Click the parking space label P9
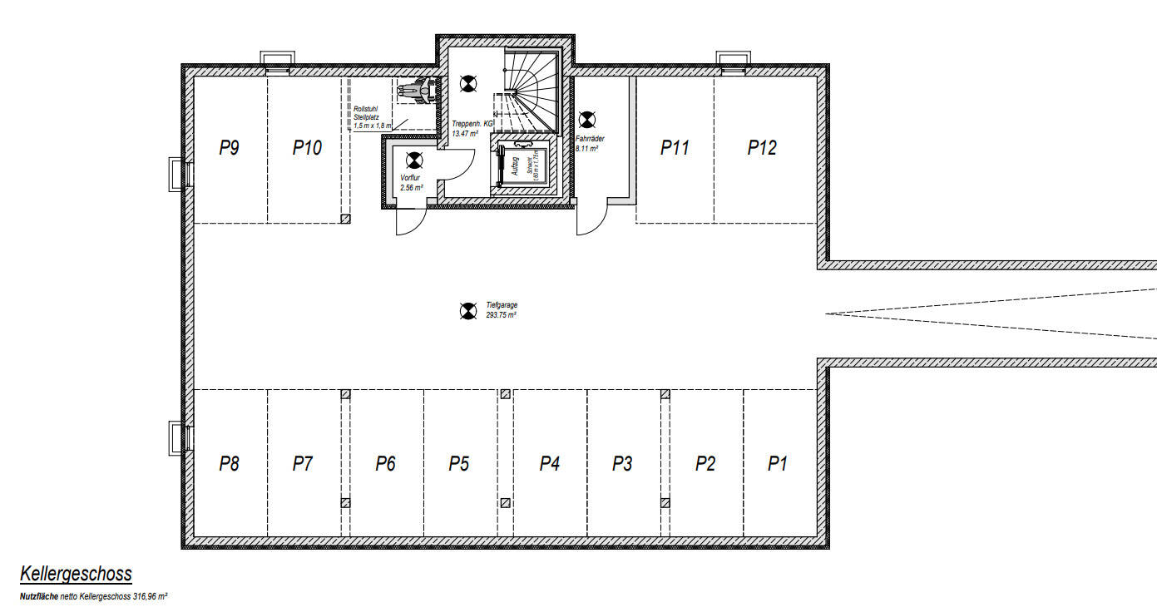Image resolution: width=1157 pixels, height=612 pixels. [x=230, y=148]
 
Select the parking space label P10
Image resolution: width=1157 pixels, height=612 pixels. [x=307, y=148]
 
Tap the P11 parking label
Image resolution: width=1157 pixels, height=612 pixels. [x=675, y=148]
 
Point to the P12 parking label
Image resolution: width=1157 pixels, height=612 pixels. [x=761, y=148]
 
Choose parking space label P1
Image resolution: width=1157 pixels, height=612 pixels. [x=777, y=464]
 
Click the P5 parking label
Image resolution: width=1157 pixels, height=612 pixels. [x=459, y=464]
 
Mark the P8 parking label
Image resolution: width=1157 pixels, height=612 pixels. [x=230, y=464]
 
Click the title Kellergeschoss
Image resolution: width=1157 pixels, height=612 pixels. [x=76, y=575]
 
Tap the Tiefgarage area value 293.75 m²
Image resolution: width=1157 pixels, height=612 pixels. [x=502, y=316]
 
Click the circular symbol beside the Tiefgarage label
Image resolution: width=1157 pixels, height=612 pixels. [x=467, y=312]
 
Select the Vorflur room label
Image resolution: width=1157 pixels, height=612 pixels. [x=409, y=179]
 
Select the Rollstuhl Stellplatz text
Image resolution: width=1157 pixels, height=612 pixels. [x=366, y=117]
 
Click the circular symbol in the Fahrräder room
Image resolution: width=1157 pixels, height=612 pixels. [x=587, y=120]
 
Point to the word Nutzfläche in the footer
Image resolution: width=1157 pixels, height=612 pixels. [x=39, y=597]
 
